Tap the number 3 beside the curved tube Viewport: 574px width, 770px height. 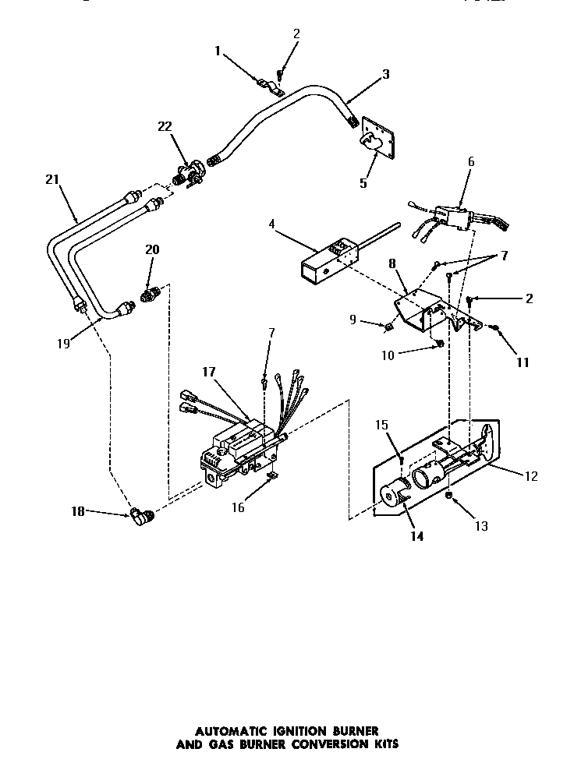click(x=385, y=75)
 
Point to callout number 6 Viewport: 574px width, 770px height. click(x=470, y=161)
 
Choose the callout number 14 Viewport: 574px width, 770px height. click(x=417, y=537)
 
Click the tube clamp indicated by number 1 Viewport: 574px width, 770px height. click(x=265, y=80)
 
